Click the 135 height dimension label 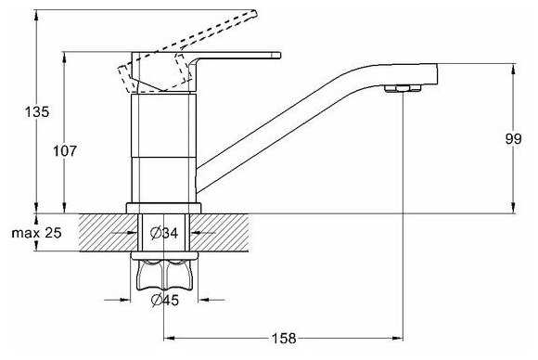pyautogui.click(x=37, y=112)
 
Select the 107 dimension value pyautogui.click(x=65, y=150)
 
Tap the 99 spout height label pyautogui.click(x=513, y=138)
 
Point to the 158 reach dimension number pyautogui.click(x=284, y=339)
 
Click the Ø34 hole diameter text pyautogui.click(x=164, y=234)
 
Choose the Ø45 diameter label pyautogui.click(x=165, y=301)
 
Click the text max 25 pyautogui.click(x=36, y=233)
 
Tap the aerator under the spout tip pyautogui.click(x=403, y=88)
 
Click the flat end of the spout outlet pyautogui.click(x=437, y=74)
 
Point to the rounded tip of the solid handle pyautogui.click(x=278, y=55)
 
